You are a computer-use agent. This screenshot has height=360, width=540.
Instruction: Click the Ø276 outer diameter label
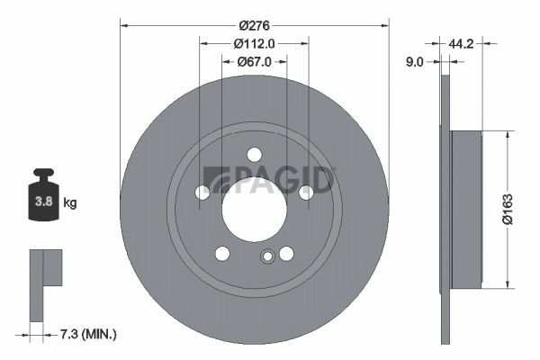coord(255,25)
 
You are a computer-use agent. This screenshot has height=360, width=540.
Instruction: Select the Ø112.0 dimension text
coord(254,44)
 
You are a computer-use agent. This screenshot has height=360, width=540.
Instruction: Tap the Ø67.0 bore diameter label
coord(254,62)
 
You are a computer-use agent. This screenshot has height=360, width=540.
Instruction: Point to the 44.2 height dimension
coord(461,44)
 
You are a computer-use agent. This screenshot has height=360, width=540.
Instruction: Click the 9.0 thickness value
coord(415,62)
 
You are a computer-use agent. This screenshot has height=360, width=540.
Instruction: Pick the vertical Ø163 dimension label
coord(508,209)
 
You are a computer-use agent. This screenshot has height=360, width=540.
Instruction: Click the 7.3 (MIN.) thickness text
coord(88,334)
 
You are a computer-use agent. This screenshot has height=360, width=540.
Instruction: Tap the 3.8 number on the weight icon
coord(44,202)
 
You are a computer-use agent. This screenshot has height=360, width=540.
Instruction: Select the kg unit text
coord(70,202)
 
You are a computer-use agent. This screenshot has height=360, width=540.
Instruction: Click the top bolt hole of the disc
coord(255,155)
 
